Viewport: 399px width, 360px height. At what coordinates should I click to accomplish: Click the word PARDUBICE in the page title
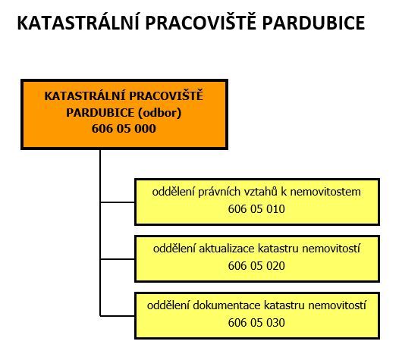(313, 23)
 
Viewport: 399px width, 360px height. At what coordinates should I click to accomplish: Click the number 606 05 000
(124, 129)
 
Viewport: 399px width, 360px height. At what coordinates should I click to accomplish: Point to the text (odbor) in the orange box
(159, 113)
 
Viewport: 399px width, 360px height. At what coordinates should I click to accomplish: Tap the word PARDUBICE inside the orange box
(100, 113)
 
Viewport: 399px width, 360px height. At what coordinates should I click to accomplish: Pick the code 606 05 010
(256, 209)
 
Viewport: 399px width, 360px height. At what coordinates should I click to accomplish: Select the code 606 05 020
(256, 266)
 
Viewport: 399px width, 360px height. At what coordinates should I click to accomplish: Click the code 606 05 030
(256, 323)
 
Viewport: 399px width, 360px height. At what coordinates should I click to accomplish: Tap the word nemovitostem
(325, 192)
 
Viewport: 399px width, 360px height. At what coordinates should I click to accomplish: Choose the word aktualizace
(227, 249)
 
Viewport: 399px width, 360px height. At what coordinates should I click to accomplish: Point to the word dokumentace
(227, 305)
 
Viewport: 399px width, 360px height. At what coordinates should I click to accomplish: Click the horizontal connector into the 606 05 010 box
(118, 202)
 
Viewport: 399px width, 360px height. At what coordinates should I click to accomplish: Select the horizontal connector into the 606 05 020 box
(118, 259)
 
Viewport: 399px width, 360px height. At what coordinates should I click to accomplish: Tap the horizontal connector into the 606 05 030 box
(118, 316)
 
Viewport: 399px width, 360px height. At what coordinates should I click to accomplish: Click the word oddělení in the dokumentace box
(168, 305)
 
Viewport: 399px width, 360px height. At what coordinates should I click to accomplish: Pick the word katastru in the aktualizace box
(278, 249)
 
